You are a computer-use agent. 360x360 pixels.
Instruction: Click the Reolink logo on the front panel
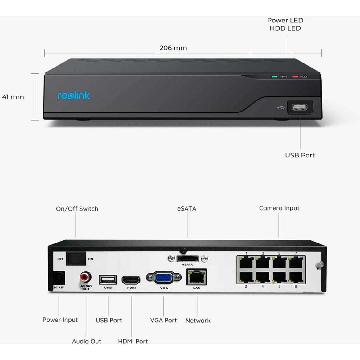pos(73,96)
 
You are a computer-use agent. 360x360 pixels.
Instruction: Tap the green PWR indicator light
pos(274,77)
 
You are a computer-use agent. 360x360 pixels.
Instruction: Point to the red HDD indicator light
pos(295,77)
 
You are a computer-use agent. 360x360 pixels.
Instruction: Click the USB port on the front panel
pos(300,107)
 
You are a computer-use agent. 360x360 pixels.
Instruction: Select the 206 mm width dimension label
pos(173,48)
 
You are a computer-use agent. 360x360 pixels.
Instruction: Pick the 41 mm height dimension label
pos(13,97)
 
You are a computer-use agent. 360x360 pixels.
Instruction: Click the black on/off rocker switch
pos(76,258)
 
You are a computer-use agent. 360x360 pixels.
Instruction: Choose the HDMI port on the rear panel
pos(131,280)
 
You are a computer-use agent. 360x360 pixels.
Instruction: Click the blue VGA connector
pos(164,278)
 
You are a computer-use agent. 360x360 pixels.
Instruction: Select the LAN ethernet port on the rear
pos(197,277)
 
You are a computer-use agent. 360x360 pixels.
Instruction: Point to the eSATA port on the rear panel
pos(188,259)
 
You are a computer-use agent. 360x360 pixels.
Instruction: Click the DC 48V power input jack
pos(59,278)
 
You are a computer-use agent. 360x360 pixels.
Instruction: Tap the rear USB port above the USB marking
pos(108,280)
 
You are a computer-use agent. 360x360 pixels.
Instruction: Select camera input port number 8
pos(296,277)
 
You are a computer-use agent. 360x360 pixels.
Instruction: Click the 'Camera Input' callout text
pos(279,208)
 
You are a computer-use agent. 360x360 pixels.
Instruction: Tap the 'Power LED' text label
pos(285,20)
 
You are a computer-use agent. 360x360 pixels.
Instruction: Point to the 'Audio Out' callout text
pos(87,342)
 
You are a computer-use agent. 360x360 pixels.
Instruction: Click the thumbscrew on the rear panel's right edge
pos(319,265)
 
